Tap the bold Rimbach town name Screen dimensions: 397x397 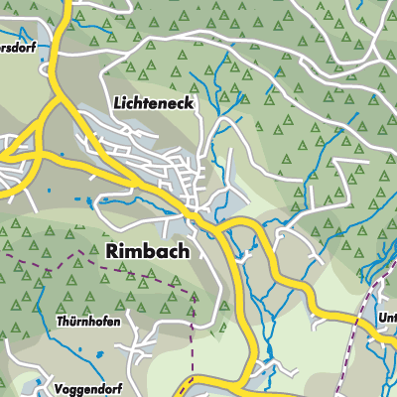coord(147,252)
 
